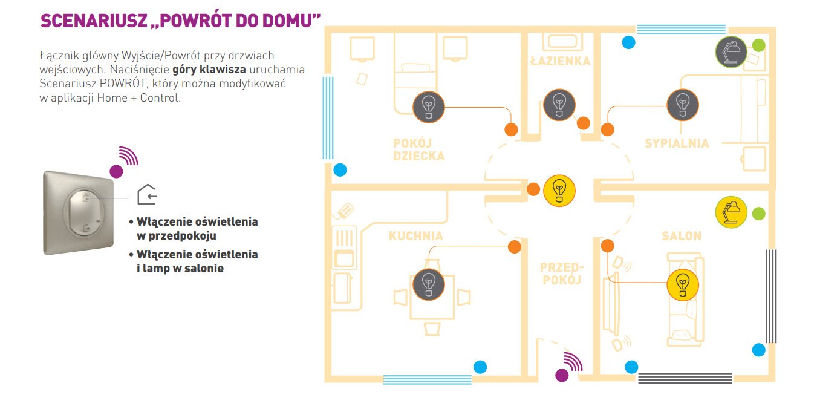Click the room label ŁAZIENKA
(560, 61)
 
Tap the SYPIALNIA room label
(676, 143)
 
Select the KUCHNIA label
(416, 236)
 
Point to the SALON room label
(681, 236)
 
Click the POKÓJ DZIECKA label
(419, 149)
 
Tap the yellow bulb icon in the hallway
(559, 191)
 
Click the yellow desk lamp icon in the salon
(731, 212)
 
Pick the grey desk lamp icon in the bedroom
(731, 51)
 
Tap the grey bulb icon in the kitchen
(428, 283)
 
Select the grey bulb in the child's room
(428, 106)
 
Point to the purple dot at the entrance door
(562, 375)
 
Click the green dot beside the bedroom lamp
(758, 45)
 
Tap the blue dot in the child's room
(340, 170)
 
